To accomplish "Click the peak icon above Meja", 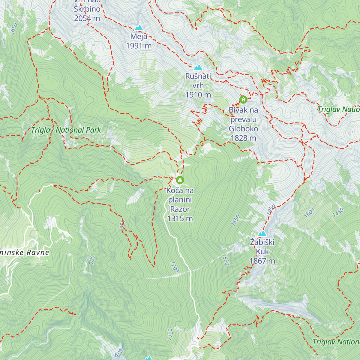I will pyautogui.click(x=139, y=28).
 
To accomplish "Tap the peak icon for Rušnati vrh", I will pyautogui.click(x=198, y=67).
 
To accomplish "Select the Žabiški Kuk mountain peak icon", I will pyautogui.click(x=262, y=233).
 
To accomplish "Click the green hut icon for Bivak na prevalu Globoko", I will pyautogui.click(x=243, y=99).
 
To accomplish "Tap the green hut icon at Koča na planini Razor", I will pyautogui.click(x=180, y=180).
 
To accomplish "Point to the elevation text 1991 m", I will pyautogui.click(x=139, y=46).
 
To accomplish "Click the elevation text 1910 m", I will pyautogui.click(x=198, y=95).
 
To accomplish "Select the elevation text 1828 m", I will pyautogui.click(x=243, y=138).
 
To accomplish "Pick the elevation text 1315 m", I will pyautogui.click(x=180, y=218).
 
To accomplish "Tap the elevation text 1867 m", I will pyautogui.click(x=262, y=261).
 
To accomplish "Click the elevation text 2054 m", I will pyautogui.click(x=87, y=18).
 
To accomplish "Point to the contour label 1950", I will pyautogui.click(x=271, y=209).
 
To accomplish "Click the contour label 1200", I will pyautogui.click(x=174, y=267).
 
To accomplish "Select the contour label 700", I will pyautogui.click(x=92, y=259).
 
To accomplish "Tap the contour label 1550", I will pyautogui.click(x=226, y=259).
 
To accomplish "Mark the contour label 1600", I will pyautogui.click(x=309, y=212).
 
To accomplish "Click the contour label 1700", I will pyautogui.click(x=170, y=334).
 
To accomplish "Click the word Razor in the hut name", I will pyautogui.click(x=180, y=209).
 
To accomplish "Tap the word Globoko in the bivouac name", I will pyautogui.click(x=243, y=129).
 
